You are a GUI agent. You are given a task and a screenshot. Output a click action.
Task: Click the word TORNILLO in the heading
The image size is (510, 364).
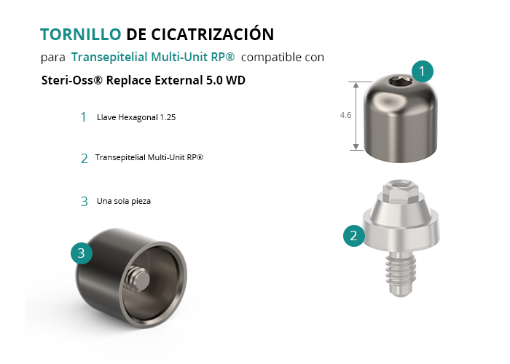81,34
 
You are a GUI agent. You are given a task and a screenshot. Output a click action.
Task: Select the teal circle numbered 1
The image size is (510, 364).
422,71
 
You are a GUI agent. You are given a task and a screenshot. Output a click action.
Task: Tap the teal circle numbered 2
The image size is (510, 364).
354,236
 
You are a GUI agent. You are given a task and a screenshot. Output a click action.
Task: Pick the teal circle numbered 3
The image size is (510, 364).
82,253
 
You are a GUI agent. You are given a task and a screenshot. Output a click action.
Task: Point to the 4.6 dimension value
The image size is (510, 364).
345,115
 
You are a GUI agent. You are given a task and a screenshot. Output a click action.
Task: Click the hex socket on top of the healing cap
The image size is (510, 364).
400,81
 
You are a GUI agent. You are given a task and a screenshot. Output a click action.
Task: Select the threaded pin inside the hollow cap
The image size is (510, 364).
138,279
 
